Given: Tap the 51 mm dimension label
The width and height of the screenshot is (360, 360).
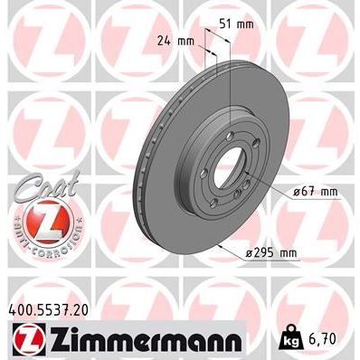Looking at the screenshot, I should click(241, 24).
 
